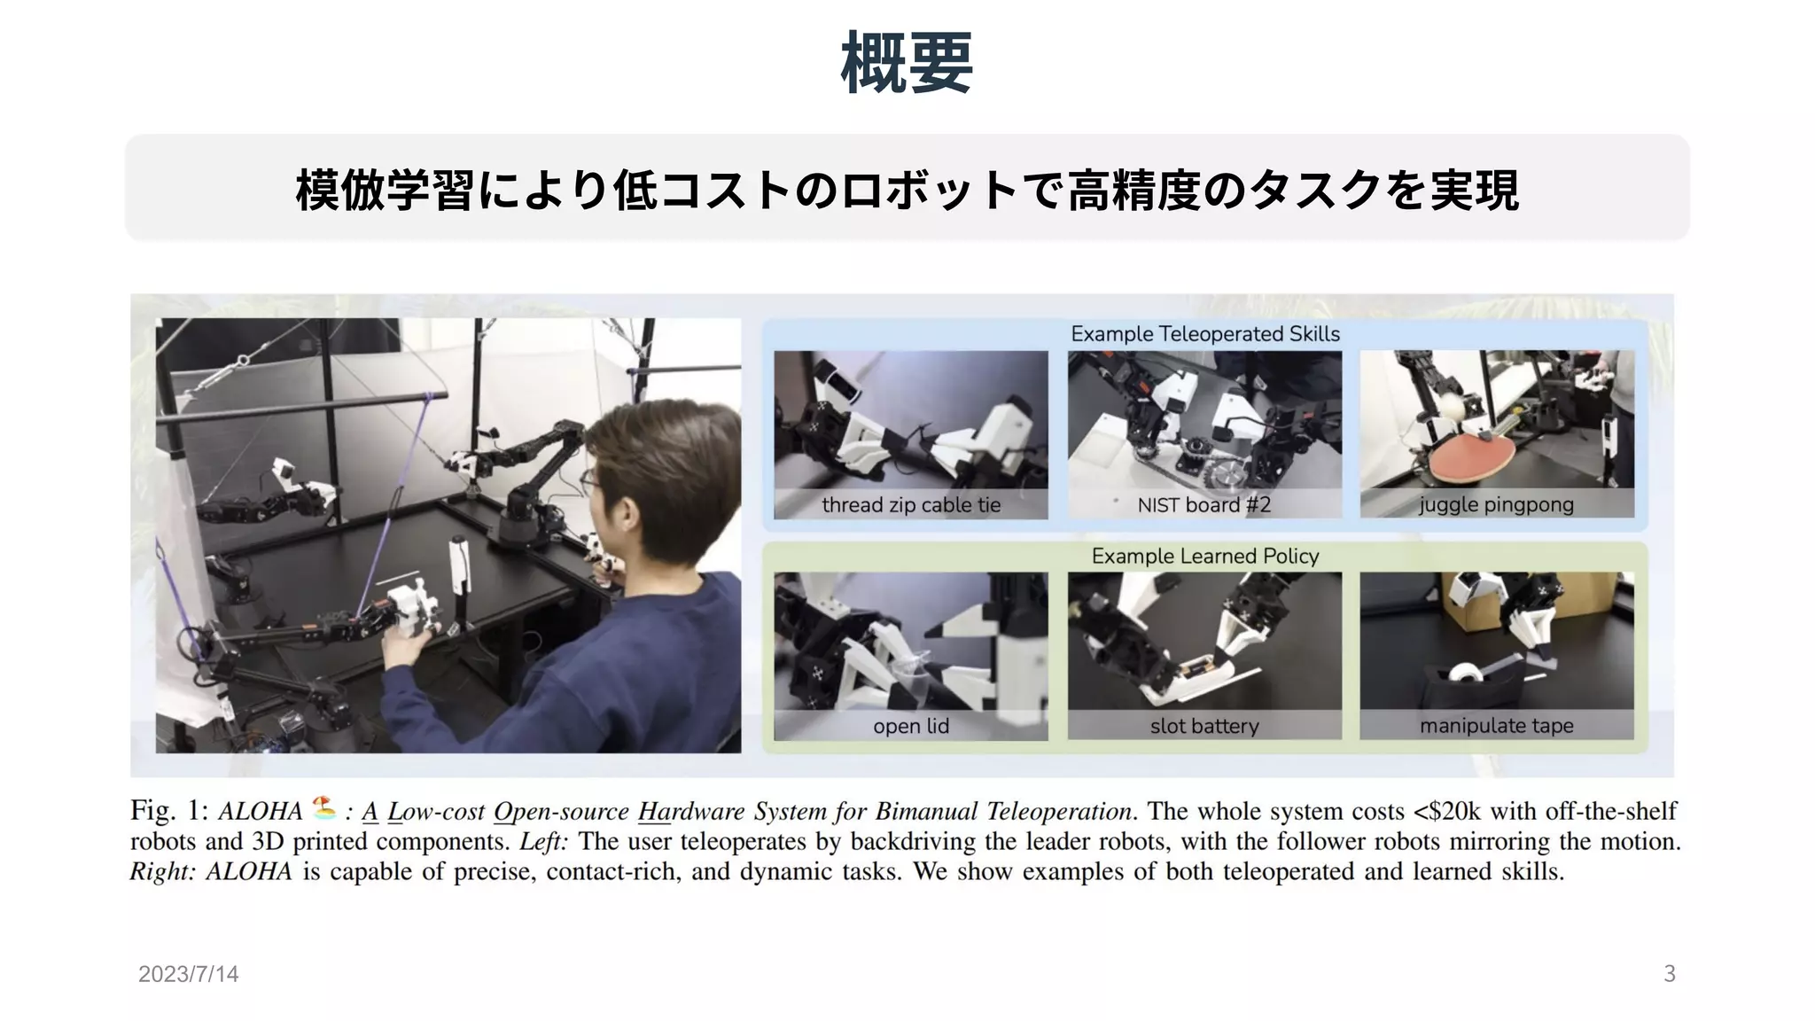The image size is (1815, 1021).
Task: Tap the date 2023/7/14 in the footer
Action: coord(188,974)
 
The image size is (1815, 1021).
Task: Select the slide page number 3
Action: coord(1670,974)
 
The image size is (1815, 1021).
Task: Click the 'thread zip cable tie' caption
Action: coord(911,505)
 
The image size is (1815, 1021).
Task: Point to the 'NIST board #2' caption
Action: coord(1204,505)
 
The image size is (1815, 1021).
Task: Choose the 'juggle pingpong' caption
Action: coord(1497,505)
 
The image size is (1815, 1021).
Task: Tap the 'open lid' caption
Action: coord(911,727)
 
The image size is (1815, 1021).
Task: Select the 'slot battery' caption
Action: coord(1204,727)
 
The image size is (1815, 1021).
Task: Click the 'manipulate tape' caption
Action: coord(1497,726)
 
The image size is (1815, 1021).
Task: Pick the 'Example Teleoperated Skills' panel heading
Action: coord(1205,334)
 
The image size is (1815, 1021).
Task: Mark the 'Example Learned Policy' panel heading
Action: coord(1205,556)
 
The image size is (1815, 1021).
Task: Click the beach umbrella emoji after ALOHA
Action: coord(324,807)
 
